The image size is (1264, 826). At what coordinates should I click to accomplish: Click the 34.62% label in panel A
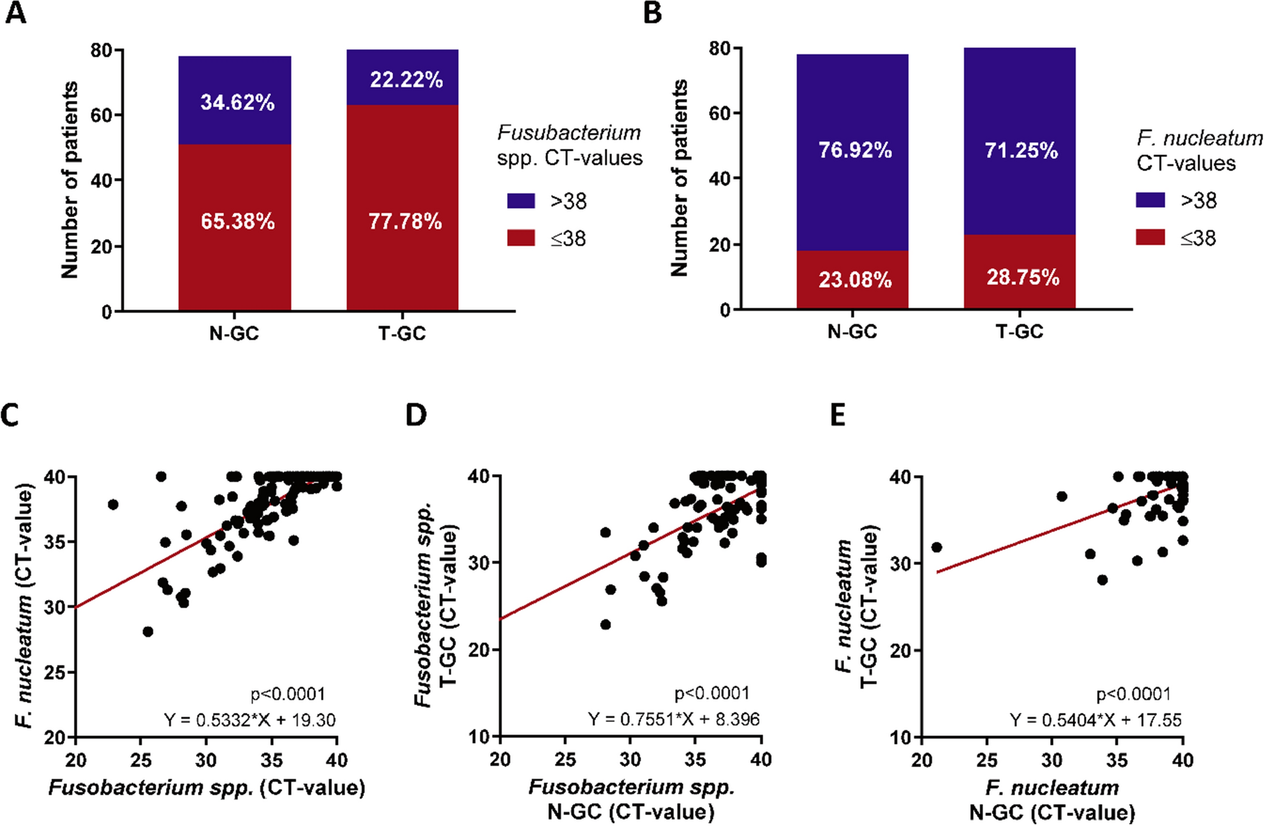tap(237, 102)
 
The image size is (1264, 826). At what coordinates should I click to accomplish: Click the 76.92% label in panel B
tap(855, 150)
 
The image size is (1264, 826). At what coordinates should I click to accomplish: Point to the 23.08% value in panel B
tap(855, 280)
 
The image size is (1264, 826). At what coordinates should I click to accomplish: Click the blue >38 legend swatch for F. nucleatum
tap(1150, 200)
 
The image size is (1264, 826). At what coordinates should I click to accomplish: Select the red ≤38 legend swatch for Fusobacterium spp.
tap(521, 239)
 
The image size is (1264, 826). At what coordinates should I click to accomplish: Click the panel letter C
tap(10, 416)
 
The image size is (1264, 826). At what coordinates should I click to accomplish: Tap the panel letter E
tap(838, 416)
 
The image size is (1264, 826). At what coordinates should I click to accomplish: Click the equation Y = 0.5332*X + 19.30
tap(249, 720)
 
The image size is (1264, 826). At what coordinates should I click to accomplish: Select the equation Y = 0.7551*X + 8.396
tap(674, 719)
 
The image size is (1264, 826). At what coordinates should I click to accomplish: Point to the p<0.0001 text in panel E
tap(1133, 694)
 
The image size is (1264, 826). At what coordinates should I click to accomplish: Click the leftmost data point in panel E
tap(937, 547)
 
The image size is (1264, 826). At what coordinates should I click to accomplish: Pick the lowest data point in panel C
tap(148, 631)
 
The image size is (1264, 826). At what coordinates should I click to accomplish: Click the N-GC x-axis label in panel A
tap(234, 333)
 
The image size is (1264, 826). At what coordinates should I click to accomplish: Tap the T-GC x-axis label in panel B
tap(1019, 331)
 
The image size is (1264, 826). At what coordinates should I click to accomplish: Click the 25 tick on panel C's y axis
tap(58, 672)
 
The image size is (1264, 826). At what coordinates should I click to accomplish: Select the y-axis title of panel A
tap(69, 180)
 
